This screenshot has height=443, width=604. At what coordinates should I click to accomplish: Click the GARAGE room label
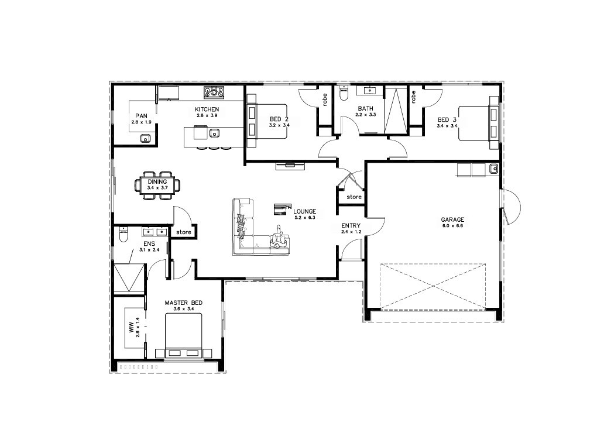452,219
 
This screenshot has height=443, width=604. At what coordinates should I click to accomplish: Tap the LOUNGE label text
305,211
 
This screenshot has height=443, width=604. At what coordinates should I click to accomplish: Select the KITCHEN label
207,109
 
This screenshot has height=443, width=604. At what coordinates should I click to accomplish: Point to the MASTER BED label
183,303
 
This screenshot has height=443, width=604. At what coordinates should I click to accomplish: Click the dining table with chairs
157,186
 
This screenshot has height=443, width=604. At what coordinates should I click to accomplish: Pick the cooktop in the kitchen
214,92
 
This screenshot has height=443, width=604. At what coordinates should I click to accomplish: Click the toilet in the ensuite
123,235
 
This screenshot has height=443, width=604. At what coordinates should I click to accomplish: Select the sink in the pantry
145,138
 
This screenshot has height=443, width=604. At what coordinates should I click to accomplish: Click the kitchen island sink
214,133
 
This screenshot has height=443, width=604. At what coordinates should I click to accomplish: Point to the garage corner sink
493,169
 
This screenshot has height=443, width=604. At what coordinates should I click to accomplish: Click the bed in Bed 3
478,123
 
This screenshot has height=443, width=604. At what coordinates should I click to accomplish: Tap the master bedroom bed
183,335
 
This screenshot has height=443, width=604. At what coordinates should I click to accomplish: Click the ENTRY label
351,226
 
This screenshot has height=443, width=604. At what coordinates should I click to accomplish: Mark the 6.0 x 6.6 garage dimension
452,226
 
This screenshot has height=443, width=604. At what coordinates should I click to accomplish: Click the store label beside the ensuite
184,232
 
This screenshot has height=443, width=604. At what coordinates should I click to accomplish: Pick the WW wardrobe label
131,328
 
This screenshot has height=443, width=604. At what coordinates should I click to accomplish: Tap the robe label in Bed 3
413,97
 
